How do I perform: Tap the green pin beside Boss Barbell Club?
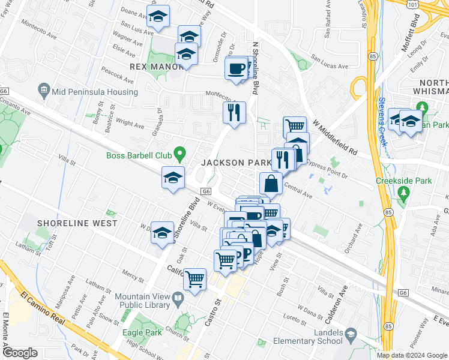tap(178, 155)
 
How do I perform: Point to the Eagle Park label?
tap(141, 332)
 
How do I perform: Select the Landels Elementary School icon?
tap(350, 334)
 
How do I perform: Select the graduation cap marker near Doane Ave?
tap(158, 17)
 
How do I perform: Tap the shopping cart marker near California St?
tap(194, 279)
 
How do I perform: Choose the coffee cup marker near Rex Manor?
tap(236, 67)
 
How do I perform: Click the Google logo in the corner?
tap(20, 353)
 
